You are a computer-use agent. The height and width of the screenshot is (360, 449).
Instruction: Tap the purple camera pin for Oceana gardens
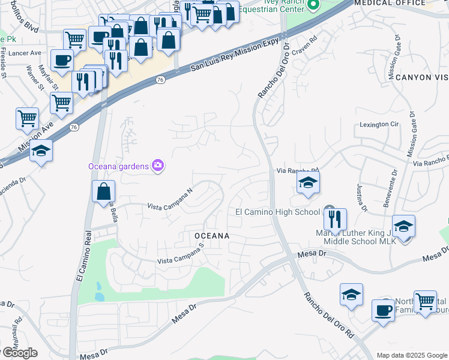pyautogui.click(x=158, y=165)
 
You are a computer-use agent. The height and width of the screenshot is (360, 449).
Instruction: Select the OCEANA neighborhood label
pyautogui.click(x=212, y=236)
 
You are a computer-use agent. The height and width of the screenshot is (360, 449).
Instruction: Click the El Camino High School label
pyautogui.click(x=277, y=212)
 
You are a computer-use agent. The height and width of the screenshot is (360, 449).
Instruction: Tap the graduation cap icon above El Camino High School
pyautogui.click(x=308, y=183)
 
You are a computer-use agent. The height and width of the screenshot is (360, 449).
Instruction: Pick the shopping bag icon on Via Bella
pyautogui.click(x=104, y=192)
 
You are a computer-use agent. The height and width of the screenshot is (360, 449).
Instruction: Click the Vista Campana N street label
pyautogui.click(x=170, y=200)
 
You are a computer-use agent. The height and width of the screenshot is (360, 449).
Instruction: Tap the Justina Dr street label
pyautogui.click(x=361, y=197)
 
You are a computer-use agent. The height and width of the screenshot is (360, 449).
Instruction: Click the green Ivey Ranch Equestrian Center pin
pyautogui.click(x=313, y=6)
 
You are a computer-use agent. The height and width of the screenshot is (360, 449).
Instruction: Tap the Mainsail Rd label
pyautogui.click(x=19, y=327)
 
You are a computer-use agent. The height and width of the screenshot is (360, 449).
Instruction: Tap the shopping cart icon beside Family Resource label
pyautogui.click(x=425, y=300)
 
